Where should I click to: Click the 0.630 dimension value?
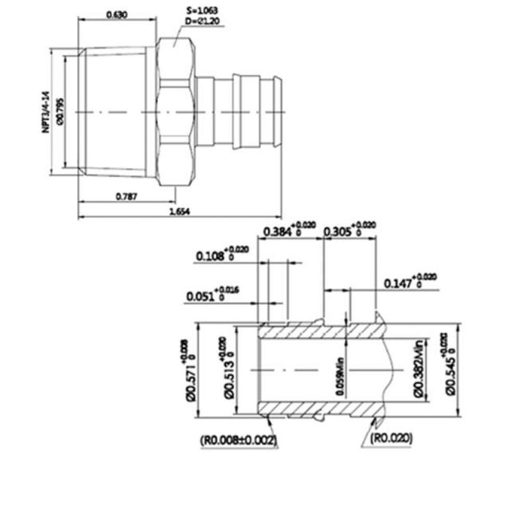click(x=117, y=15)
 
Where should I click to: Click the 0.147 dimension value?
click(x=399, y=283)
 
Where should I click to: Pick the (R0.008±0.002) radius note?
click(x=238, y=440)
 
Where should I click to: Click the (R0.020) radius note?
click(x=392, y=439)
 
